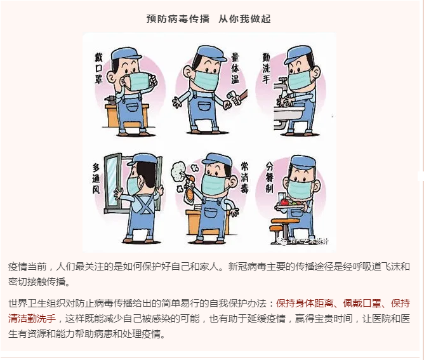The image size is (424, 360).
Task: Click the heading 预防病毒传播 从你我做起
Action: click(208, 18)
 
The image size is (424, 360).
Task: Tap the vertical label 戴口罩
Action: click(98, 68)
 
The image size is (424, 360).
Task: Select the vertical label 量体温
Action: click(235, 68)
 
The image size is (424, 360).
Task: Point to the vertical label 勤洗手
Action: click(267, 68)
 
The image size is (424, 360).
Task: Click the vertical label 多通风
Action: click(96, 178)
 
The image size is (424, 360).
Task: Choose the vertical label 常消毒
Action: click(245, 177)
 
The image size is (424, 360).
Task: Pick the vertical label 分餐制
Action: click(270, 177)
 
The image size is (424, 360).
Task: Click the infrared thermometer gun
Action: click(235, 98)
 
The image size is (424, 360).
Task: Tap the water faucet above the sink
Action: click(281, 84)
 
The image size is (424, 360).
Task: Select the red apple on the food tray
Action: click(284, 202)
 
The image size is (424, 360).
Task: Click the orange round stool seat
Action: click(286, 221)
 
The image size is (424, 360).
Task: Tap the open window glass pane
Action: click(112, 182)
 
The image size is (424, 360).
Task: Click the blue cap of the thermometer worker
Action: click(211, 53)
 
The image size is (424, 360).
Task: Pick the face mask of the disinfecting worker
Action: click(213, 185)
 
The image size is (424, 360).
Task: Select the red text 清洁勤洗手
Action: click(32, 318)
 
